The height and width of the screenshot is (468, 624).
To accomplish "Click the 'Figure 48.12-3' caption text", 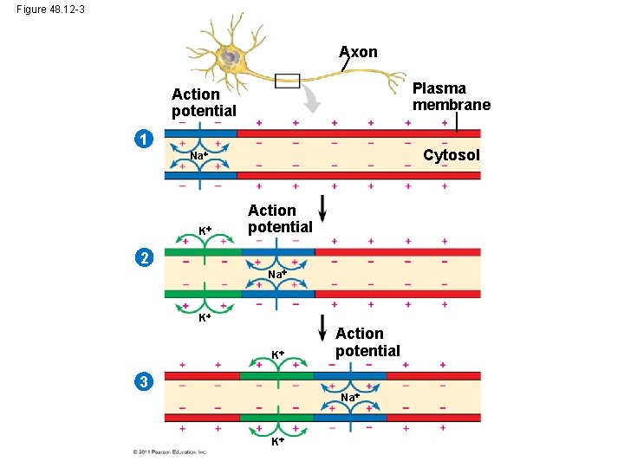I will (49, 10).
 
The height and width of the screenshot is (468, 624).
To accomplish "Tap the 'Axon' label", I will (358, 52).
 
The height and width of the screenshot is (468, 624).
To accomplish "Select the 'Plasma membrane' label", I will (451, 96).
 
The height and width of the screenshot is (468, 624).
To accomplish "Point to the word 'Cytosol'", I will (451, 155).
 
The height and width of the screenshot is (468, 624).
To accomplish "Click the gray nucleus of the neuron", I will (231, 58).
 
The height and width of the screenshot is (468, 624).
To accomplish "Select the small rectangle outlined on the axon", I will (286, 81).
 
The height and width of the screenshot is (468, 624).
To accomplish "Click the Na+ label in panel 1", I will (198, 156).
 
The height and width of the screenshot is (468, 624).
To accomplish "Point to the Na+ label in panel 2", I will (276, 274).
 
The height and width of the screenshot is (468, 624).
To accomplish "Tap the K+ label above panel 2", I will (205, 231).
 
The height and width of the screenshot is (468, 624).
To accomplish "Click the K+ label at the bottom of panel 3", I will (276, 442).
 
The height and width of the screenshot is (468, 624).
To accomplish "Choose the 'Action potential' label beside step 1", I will (204, 102).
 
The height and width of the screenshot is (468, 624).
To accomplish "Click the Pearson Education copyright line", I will (170, 452).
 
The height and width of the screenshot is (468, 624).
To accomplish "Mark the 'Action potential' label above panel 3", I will (367, 342).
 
